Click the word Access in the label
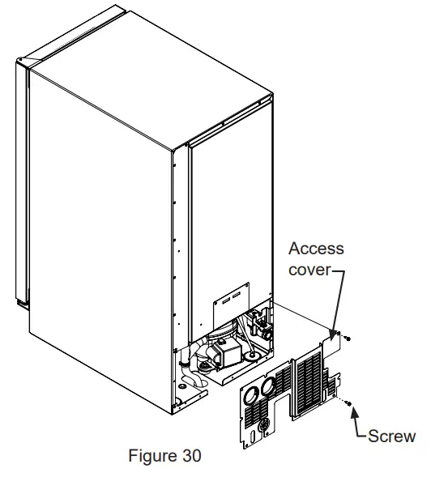coord(316,249)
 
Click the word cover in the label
coord(309,269)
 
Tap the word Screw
coord(391,437)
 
